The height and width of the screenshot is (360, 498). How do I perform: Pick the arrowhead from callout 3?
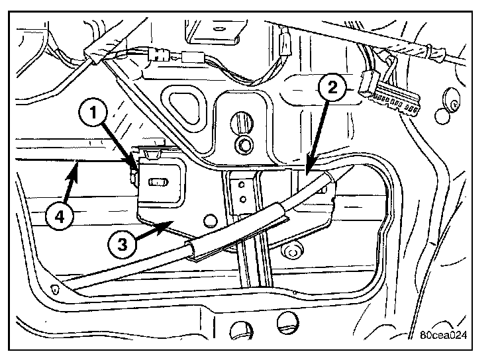tap(174, 222)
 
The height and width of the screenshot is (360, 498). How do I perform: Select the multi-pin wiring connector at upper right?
tap(390, 96)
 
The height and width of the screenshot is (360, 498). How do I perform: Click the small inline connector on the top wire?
tap(193, 57)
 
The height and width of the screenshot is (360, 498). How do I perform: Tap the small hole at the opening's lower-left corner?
tap(54, 288)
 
